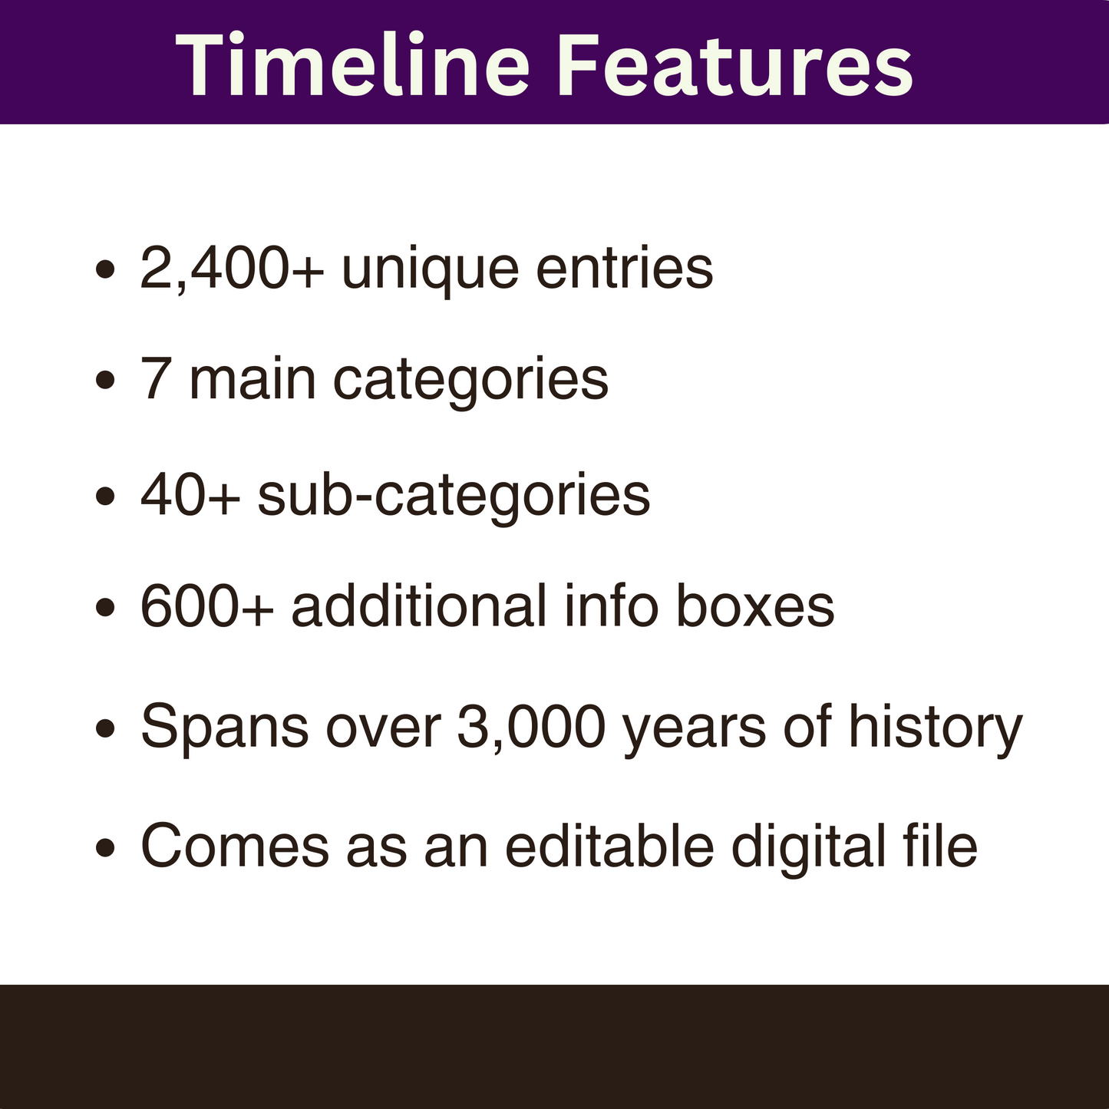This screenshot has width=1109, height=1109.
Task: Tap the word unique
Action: tap(430, 270)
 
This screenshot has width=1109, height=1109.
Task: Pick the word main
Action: tap(252, 379)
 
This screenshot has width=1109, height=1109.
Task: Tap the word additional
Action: tap(418, 606)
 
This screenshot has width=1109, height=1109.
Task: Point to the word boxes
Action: tap(754, 606)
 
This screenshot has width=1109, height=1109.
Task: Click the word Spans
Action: tap(225, 728)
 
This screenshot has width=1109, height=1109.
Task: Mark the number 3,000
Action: tap(531, 727)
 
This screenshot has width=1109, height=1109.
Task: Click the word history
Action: tap(935, 728)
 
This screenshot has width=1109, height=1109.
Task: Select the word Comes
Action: tap(234, 847)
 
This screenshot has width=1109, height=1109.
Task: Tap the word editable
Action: tap(609, 847)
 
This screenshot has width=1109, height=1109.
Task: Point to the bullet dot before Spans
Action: tap(105, 728)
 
